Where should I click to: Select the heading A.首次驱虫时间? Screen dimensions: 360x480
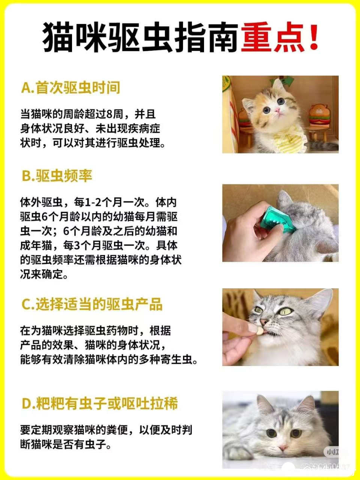(x=70, y=88)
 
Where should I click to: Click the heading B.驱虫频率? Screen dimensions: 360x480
(x=57, y=175)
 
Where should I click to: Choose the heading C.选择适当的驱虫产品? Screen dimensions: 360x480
(x=92, y=304)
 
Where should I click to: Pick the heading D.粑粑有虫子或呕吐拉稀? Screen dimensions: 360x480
(x=100, y=403)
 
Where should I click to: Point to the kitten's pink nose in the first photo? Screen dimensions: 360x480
(x=277, y=109)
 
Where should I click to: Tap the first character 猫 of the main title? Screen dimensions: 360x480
(x=58, y=37)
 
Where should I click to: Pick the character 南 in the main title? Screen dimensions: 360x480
(x=223, y=37)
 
